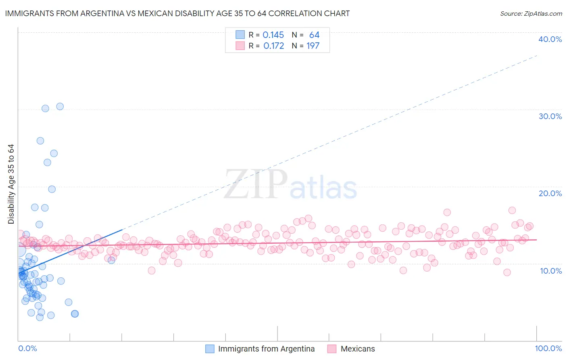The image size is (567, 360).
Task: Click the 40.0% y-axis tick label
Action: point(550,39)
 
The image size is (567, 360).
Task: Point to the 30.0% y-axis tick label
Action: point(550,116)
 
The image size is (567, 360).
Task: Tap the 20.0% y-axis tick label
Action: point(550,193)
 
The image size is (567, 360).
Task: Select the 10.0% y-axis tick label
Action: point(551,271)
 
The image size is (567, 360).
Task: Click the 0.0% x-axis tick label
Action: point(27,348)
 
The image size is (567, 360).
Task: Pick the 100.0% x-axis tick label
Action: point(548,348)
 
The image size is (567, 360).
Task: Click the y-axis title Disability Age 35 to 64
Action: point(11,184)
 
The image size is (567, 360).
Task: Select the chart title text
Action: point(177,13)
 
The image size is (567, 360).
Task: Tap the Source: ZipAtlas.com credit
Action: point(531,13)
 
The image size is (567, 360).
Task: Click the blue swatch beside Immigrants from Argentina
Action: point(210,349)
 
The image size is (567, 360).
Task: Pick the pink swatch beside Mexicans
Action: point(332,349)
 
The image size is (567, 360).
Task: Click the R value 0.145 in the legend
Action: point(273,35)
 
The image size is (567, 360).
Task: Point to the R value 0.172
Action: point(273,46)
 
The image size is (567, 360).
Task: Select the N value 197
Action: point(313,46)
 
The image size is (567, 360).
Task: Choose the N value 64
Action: point(314,35)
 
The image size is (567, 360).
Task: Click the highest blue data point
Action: point(60,107)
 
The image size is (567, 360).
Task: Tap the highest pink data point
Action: point(512,210)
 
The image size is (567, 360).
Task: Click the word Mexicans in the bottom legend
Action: point(358,349)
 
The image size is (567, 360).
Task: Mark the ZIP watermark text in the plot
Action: point(256,184)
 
